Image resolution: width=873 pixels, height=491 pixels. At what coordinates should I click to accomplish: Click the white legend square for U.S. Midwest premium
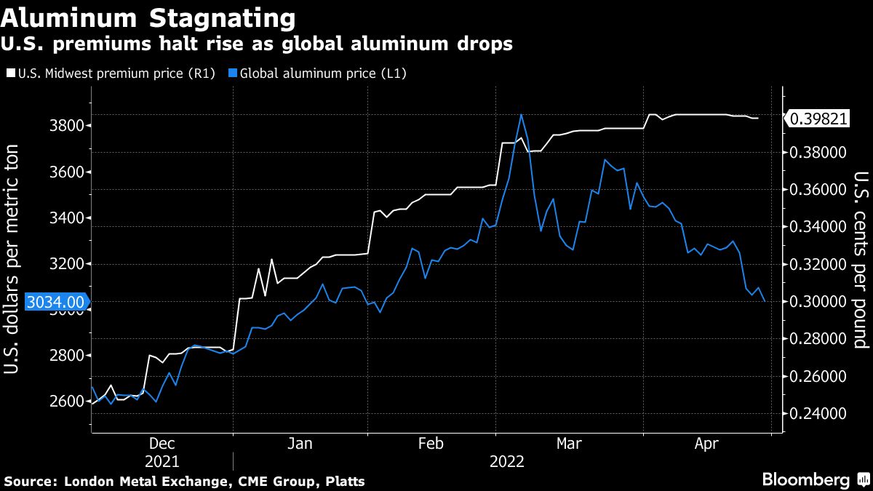[9, 73]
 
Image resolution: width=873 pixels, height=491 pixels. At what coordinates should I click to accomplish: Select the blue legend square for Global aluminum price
[233, 73]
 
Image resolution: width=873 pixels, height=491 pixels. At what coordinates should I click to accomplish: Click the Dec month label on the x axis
[161, 443]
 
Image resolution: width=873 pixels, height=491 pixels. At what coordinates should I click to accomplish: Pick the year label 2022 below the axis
[507, 461]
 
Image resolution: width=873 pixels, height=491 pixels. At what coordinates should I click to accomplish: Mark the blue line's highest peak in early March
[521, 115]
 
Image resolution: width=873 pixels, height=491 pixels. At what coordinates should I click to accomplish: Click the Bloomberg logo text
[805, 480]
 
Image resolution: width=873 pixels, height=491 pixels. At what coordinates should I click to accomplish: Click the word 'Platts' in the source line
[345, 482]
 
